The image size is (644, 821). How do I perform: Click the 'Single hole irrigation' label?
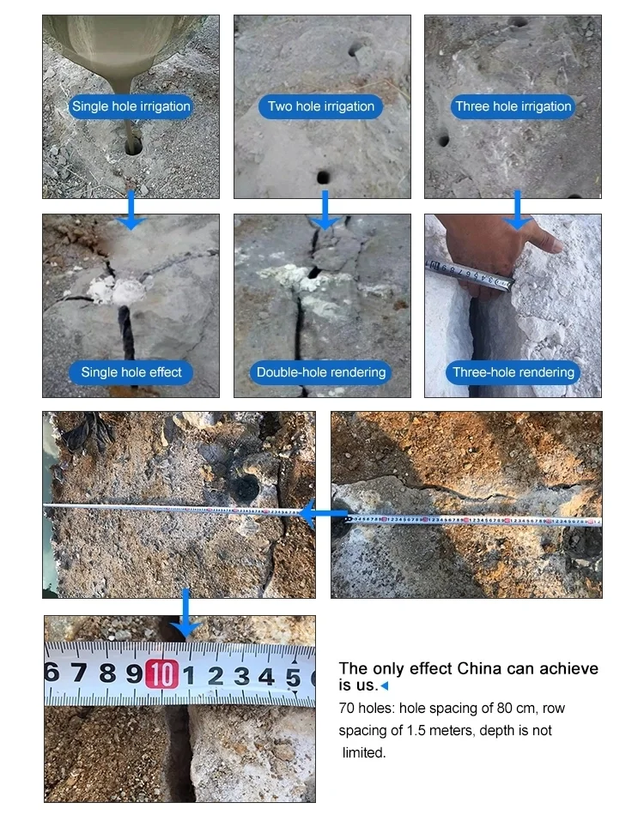[131, 106]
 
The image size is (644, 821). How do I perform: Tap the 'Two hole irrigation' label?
[321, 106]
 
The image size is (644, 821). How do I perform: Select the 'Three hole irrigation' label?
[513, 106]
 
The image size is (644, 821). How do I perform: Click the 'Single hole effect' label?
[131, 372]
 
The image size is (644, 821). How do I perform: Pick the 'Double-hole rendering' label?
[321, 372]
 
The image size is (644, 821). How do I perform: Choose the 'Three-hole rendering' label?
[513, 372]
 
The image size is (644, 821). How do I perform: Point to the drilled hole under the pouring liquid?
[133, 147]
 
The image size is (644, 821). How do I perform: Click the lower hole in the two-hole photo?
[323, 178]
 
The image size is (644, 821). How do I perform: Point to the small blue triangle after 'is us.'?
[385, 685]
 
